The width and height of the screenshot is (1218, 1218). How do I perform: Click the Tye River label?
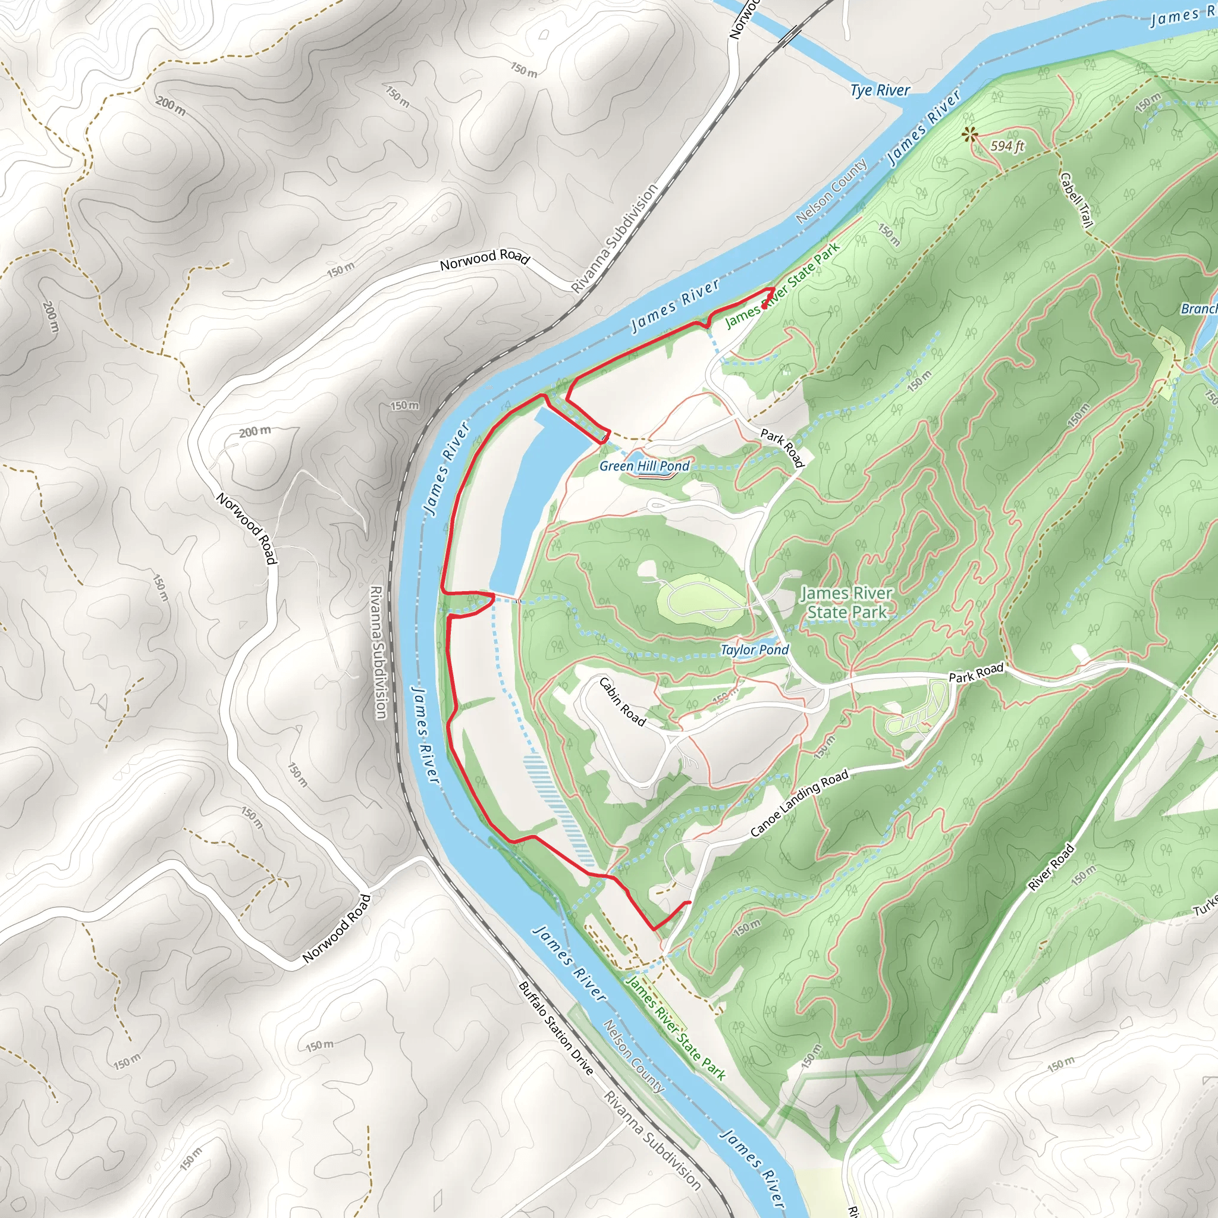point(880,90)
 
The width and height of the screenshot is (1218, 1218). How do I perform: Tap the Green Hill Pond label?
point(643,466)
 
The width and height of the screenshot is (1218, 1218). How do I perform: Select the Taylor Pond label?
point(754,649)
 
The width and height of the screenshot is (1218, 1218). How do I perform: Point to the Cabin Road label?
point(622,702)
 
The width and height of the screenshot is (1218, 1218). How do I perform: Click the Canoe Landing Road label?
point(799,803)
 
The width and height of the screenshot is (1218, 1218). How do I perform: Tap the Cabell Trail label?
point(1076,200)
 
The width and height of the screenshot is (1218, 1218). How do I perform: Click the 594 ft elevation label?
point(1007,146)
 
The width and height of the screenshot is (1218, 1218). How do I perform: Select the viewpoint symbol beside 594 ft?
point(969,134)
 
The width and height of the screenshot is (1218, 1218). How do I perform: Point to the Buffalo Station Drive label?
point(555,1028)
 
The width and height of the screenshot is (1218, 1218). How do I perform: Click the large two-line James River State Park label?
point(847,602)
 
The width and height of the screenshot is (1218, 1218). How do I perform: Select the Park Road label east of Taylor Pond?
point(975,673)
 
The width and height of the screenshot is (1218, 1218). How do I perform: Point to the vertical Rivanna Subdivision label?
point(378,652)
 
